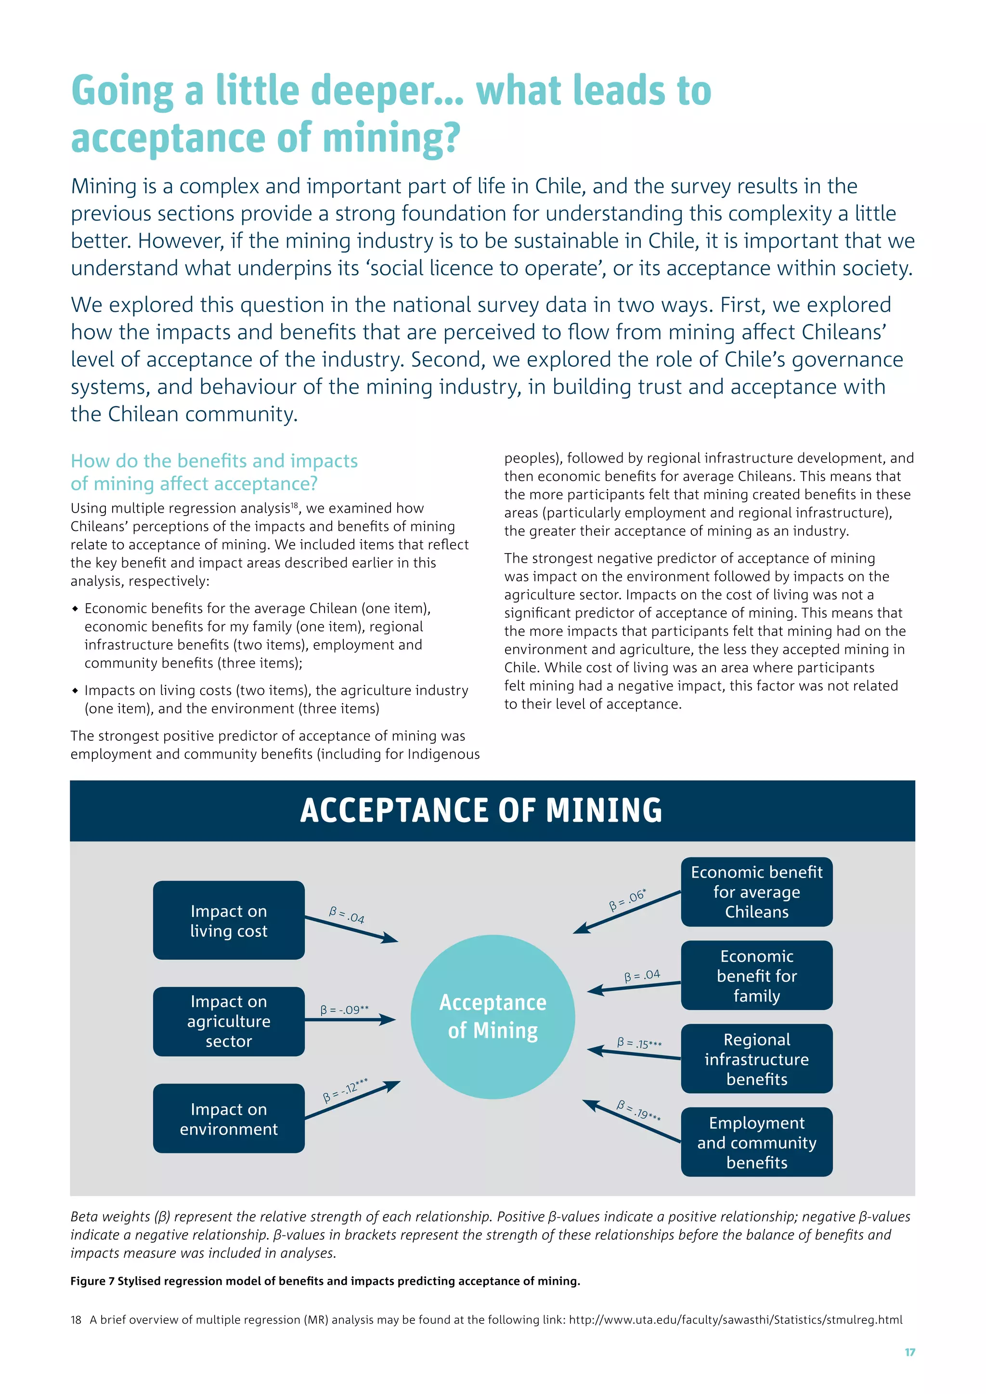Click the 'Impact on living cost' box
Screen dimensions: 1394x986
[x=228, y=920]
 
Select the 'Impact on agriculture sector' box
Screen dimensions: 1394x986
[x=228, y=1021]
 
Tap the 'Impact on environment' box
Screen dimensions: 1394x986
[x=228, y=1118]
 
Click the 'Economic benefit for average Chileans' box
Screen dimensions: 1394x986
[x=756, y=892]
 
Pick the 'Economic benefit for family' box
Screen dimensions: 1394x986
[x=756, y=976]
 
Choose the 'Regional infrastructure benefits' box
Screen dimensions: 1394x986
[x=756, y=1059]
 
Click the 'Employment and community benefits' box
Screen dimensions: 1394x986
[x=756, y=1142]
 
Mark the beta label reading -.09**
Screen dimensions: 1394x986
[x=344, y=1010]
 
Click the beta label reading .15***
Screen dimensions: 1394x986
[x=639, y=1043]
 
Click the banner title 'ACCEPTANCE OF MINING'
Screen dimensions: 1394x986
[x=481, y=811]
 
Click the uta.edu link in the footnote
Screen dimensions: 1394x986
[x=735, y=1319]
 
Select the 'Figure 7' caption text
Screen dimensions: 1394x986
[x=325, y=1281]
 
